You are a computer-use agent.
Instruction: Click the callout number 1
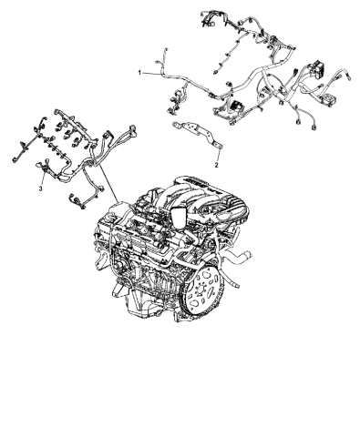[x=139, y=71]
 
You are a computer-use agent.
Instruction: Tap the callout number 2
[x=216, y=167]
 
